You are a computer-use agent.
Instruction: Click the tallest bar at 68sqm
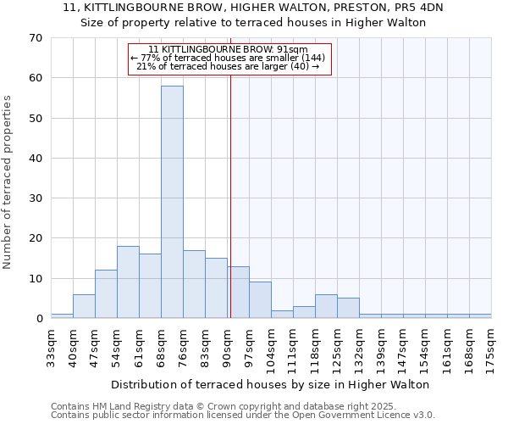pos(172,202)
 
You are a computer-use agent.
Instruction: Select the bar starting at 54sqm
pos(128,282)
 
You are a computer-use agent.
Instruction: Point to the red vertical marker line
pos(230,195)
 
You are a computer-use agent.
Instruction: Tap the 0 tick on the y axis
pos(38,319)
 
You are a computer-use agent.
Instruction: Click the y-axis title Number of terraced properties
pos(8,181)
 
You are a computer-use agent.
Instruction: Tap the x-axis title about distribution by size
pos(271,384)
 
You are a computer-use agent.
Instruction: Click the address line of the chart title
pos(253,8)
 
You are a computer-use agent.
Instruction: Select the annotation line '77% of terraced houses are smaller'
pos(229,58)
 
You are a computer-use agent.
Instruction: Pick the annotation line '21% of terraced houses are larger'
pos(229,66)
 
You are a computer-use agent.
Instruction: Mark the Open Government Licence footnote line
pos(243,416)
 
